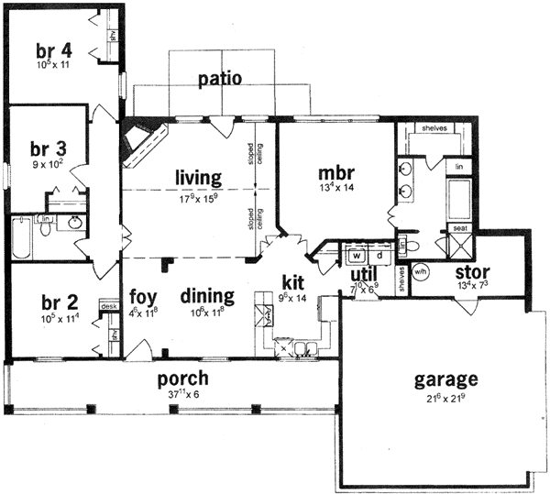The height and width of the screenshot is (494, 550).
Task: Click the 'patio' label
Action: (x=220, y=79)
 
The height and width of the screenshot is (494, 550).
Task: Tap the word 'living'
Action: (x=200, y=176)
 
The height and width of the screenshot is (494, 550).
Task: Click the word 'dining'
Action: (x=206, y=296)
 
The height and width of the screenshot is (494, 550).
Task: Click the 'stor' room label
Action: (x=470, y=272)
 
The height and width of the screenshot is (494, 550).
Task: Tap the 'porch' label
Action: (x=181, y=378)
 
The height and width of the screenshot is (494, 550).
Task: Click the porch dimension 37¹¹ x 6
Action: (x=181, y=394)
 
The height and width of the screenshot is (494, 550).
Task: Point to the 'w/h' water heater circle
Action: (x=422, y=271)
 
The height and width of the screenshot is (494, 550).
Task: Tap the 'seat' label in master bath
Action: (x=456, y=229)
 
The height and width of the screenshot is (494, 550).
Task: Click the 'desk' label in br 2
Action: (x=108, y=307)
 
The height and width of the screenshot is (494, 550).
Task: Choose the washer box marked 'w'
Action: (x=355, y=254)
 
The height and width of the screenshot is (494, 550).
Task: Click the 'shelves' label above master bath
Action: (x=434, y=128)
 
